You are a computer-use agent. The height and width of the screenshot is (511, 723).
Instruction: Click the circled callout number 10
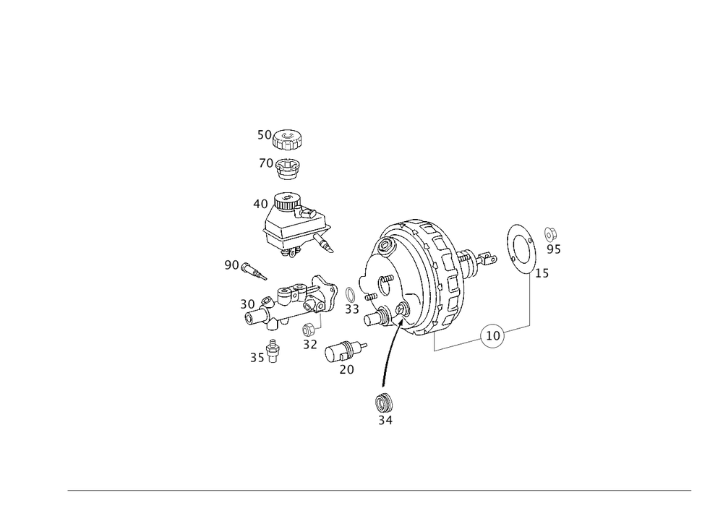pyautogui.click(x=493, y=335)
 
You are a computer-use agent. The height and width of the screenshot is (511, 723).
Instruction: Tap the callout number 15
pyautogui.click(x=540, y=273)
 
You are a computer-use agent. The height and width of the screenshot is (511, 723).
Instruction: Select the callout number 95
pyautogui.click(x=555, y=249)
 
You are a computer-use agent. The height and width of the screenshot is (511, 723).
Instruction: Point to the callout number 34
pyautogui.click(x=385, y=418)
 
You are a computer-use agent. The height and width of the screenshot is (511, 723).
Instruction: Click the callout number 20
pyautogui.click(x=346, y=369)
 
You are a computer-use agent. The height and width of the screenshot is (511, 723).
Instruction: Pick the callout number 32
pyautogui.click(x=311, y=345)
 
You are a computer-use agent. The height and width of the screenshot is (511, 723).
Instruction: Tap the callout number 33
pyautogui.click(x=352, y=309)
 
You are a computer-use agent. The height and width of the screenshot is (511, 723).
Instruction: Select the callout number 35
pyautogui.click(x=257, y=356)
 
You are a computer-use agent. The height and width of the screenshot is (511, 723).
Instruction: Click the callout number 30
pyautogui.click(x=248, y=305)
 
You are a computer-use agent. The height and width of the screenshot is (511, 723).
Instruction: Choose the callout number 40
pyautogui.click(x=260, y=205)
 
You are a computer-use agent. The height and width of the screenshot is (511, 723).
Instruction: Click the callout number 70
pyautogui.click(x=265, y=164)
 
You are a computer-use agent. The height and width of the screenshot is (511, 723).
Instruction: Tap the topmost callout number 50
pyautogui.click(x=265, y=134)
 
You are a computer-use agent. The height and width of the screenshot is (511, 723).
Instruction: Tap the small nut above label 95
pyautogui.click(x=552, y=232)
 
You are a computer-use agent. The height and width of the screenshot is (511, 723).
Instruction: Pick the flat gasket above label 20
pyautogui.click(x=346, y=351)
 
